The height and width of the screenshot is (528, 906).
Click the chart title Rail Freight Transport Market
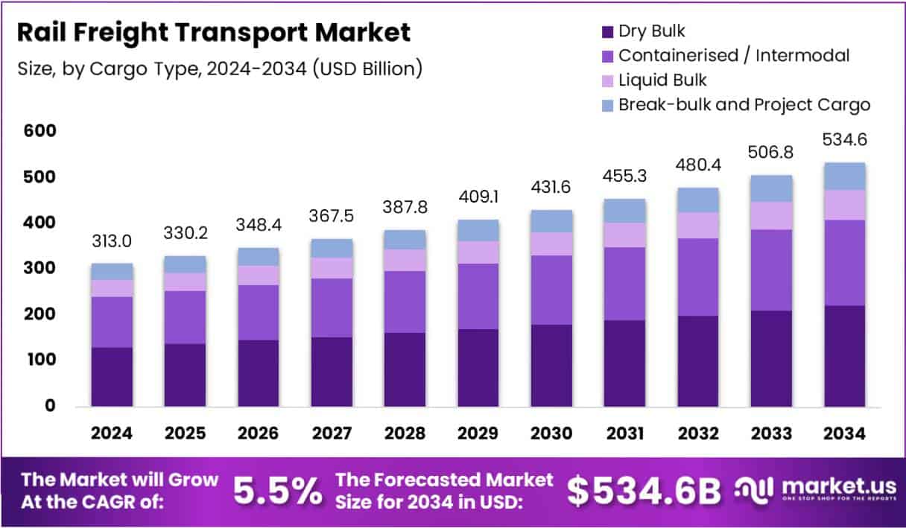(213, 33)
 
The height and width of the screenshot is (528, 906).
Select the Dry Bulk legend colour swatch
(606, 31)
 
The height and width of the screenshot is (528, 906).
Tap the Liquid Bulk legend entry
(662, 80)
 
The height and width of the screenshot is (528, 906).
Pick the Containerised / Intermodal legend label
(733, 55)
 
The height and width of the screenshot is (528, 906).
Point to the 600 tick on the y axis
(40, 131)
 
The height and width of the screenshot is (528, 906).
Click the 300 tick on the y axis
(40, 268)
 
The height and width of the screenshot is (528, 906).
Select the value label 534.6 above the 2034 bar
(845, 140)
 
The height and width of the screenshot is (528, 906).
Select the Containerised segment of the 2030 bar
(552, 290)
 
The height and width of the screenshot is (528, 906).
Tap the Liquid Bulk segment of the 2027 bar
(332, 268)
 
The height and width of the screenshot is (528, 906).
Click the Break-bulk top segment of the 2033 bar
(771, 188)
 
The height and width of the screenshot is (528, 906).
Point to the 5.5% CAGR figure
(277, 490)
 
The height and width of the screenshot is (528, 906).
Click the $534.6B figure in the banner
(644, 490)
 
